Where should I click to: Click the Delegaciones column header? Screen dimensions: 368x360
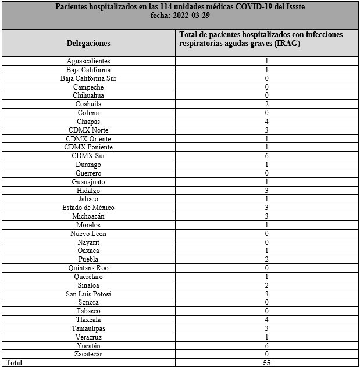88,43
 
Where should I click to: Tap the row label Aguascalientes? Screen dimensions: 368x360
88,61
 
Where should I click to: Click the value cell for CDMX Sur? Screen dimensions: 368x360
266,156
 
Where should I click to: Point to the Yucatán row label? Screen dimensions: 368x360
88,345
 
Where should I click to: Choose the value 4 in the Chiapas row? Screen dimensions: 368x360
266,122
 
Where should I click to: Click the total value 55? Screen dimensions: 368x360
266,363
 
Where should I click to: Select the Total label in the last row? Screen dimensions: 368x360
15,363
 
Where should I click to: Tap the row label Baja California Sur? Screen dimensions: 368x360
88,78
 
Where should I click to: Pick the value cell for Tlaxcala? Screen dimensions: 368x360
266,320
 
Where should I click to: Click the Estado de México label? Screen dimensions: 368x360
88,208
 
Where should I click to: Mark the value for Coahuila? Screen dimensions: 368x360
266,104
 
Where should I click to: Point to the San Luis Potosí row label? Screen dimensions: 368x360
88,294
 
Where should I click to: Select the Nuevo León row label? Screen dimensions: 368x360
88,234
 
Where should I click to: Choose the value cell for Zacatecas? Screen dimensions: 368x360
266,354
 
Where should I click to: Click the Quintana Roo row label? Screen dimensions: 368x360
88,268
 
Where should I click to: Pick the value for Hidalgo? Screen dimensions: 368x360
266,191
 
